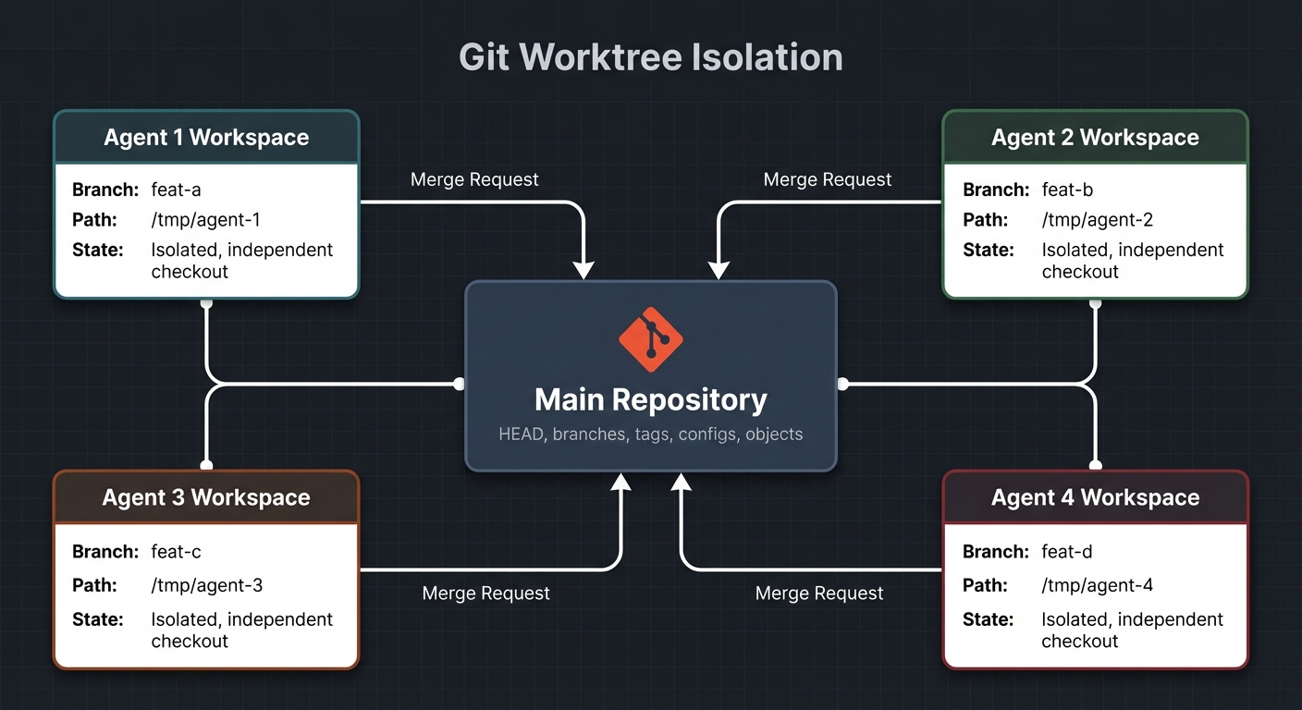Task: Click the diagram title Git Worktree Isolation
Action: (650, 57)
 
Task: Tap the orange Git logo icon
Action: (650, 339)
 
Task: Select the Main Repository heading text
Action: (650, 400)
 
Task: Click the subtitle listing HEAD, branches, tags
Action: (650, 434)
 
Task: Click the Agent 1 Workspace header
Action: (206, 138)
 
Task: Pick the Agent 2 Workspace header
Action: (1095, 138)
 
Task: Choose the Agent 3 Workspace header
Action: (206, 497)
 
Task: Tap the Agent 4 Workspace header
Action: (1095, 497)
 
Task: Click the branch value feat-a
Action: (176, 190)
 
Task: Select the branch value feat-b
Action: (1067, 190)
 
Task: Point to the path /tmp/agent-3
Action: (207, 585)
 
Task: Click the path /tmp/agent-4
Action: (1097, 585)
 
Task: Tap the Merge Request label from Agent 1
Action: (474, 179)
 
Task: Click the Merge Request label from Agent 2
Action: (828, 179)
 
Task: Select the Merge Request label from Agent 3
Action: (485, 594)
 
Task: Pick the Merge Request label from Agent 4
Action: (819, 594)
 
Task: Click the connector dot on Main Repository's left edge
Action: (460, 384)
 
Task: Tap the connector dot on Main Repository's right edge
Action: (842, 384)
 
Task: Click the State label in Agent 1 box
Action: (97, 250)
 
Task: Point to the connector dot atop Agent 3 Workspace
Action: (206, 465)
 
